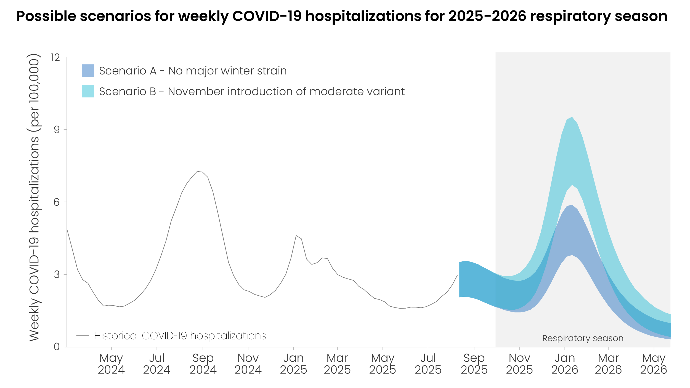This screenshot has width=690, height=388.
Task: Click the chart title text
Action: (342, 16)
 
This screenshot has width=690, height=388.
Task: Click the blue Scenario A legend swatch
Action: (88, 71)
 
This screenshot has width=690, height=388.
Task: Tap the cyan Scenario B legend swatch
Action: (88, 91)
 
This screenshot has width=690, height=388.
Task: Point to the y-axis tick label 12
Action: (55, 57)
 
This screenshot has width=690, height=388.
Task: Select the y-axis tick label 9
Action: (57, 130)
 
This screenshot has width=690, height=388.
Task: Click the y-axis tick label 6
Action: (57, 202)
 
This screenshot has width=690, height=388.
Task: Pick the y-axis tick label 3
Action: (57, 274)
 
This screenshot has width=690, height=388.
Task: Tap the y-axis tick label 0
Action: (57, 347)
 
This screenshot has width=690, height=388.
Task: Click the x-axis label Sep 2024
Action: (203, 364)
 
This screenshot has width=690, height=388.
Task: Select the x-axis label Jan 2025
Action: (293, 364)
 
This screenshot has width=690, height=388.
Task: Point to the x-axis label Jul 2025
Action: (428, 364)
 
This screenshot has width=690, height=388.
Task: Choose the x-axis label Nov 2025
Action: (519, 364)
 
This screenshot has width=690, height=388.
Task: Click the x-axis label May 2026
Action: (653, 364)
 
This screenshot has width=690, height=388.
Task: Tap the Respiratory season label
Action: (583, 338)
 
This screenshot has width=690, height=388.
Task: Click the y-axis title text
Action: (34, 197)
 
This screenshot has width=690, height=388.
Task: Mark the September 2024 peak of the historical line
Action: (198, 172)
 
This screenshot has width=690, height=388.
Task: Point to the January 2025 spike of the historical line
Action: (296, 236)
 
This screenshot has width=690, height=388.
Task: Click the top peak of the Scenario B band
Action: (572, 117)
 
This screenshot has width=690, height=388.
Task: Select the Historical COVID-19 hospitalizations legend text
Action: (180, 336)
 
